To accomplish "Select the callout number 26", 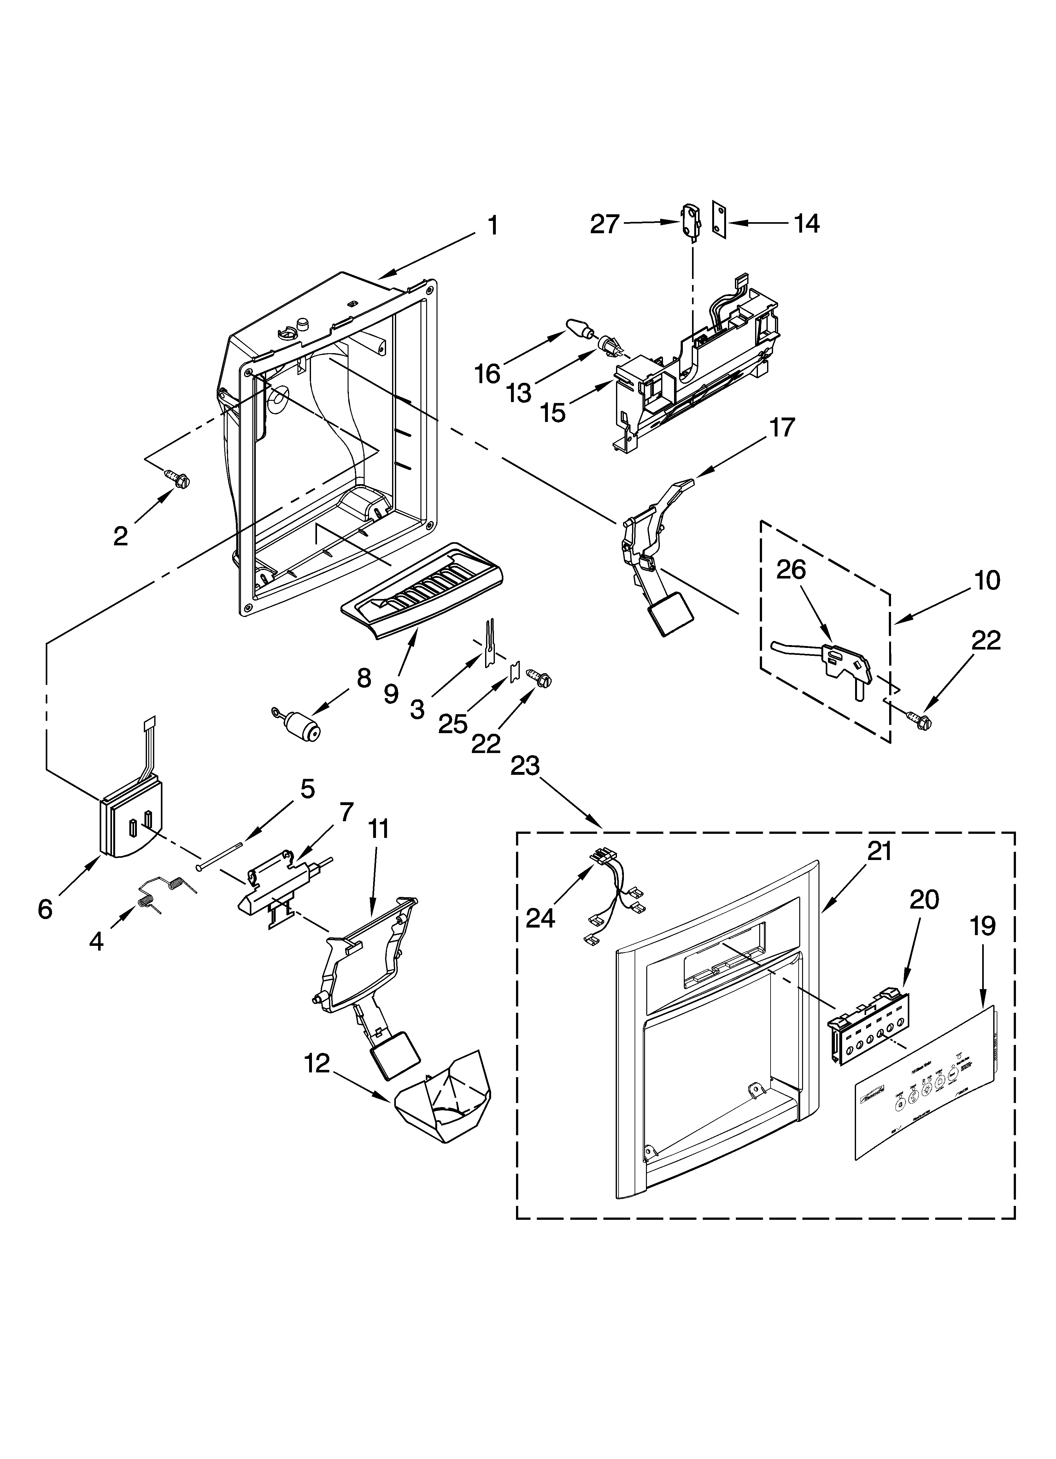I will [791, 570].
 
